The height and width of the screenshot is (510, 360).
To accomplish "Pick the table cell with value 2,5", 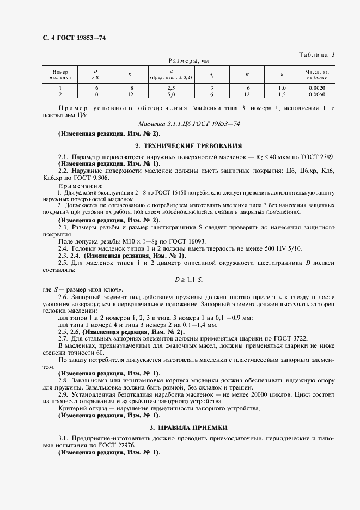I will coord(171,87).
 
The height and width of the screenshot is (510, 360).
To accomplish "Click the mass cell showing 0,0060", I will coord(317,94).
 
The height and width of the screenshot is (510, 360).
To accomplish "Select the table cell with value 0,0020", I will coord(317,87).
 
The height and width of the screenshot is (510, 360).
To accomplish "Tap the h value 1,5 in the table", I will coord(282,94).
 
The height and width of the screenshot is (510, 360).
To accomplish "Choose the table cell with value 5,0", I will coord(171,94).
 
